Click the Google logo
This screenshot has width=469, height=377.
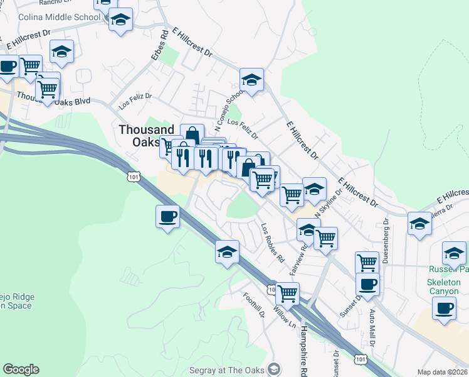click(x=21, y=369)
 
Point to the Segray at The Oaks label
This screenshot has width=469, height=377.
click(x=226, y=370)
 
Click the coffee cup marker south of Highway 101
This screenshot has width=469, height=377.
click(x=167, y=217)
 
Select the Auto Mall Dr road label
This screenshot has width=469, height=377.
click(x=372, y=327)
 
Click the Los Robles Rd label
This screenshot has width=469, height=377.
click(x=273, y=243)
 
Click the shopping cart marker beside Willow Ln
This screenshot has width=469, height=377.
click(x=287, y=293)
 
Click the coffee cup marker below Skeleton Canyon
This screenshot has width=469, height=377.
click(x=445, y=309)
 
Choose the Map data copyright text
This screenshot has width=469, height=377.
click(x=442, y=372)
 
